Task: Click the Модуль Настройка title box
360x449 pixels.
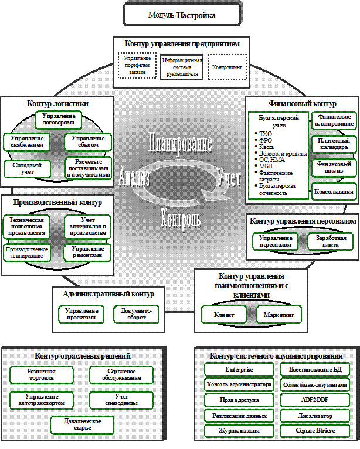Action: pos(181,15)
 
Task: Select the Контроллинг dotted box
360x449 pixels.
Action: pos(227,67)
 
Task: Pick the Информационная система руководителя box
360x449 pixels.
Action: pos(182,67)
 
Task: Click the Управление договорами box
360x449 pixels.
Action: pos(58,120)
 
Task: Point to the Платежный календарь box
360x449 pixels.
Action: pos(334,144)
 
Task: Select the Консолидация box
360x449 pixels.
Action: pos(334,192)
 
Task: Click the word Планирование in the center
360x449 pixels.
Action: pos(180,143)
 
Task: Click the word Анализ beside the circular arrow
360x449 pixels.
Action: pos(134,176)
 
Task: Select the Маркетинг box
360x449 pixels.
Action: pos(279,315)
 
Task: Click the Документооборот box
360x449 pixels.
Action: pos(136,313)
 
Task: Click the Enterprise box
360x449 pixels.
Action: pos(239,370)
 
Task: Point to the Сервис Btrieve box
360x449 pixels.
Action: pos(315,430)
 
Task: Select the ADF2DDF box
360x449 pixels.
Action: pos(315,400)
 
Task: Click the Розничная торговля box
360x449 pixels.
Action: pos(41,375)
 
